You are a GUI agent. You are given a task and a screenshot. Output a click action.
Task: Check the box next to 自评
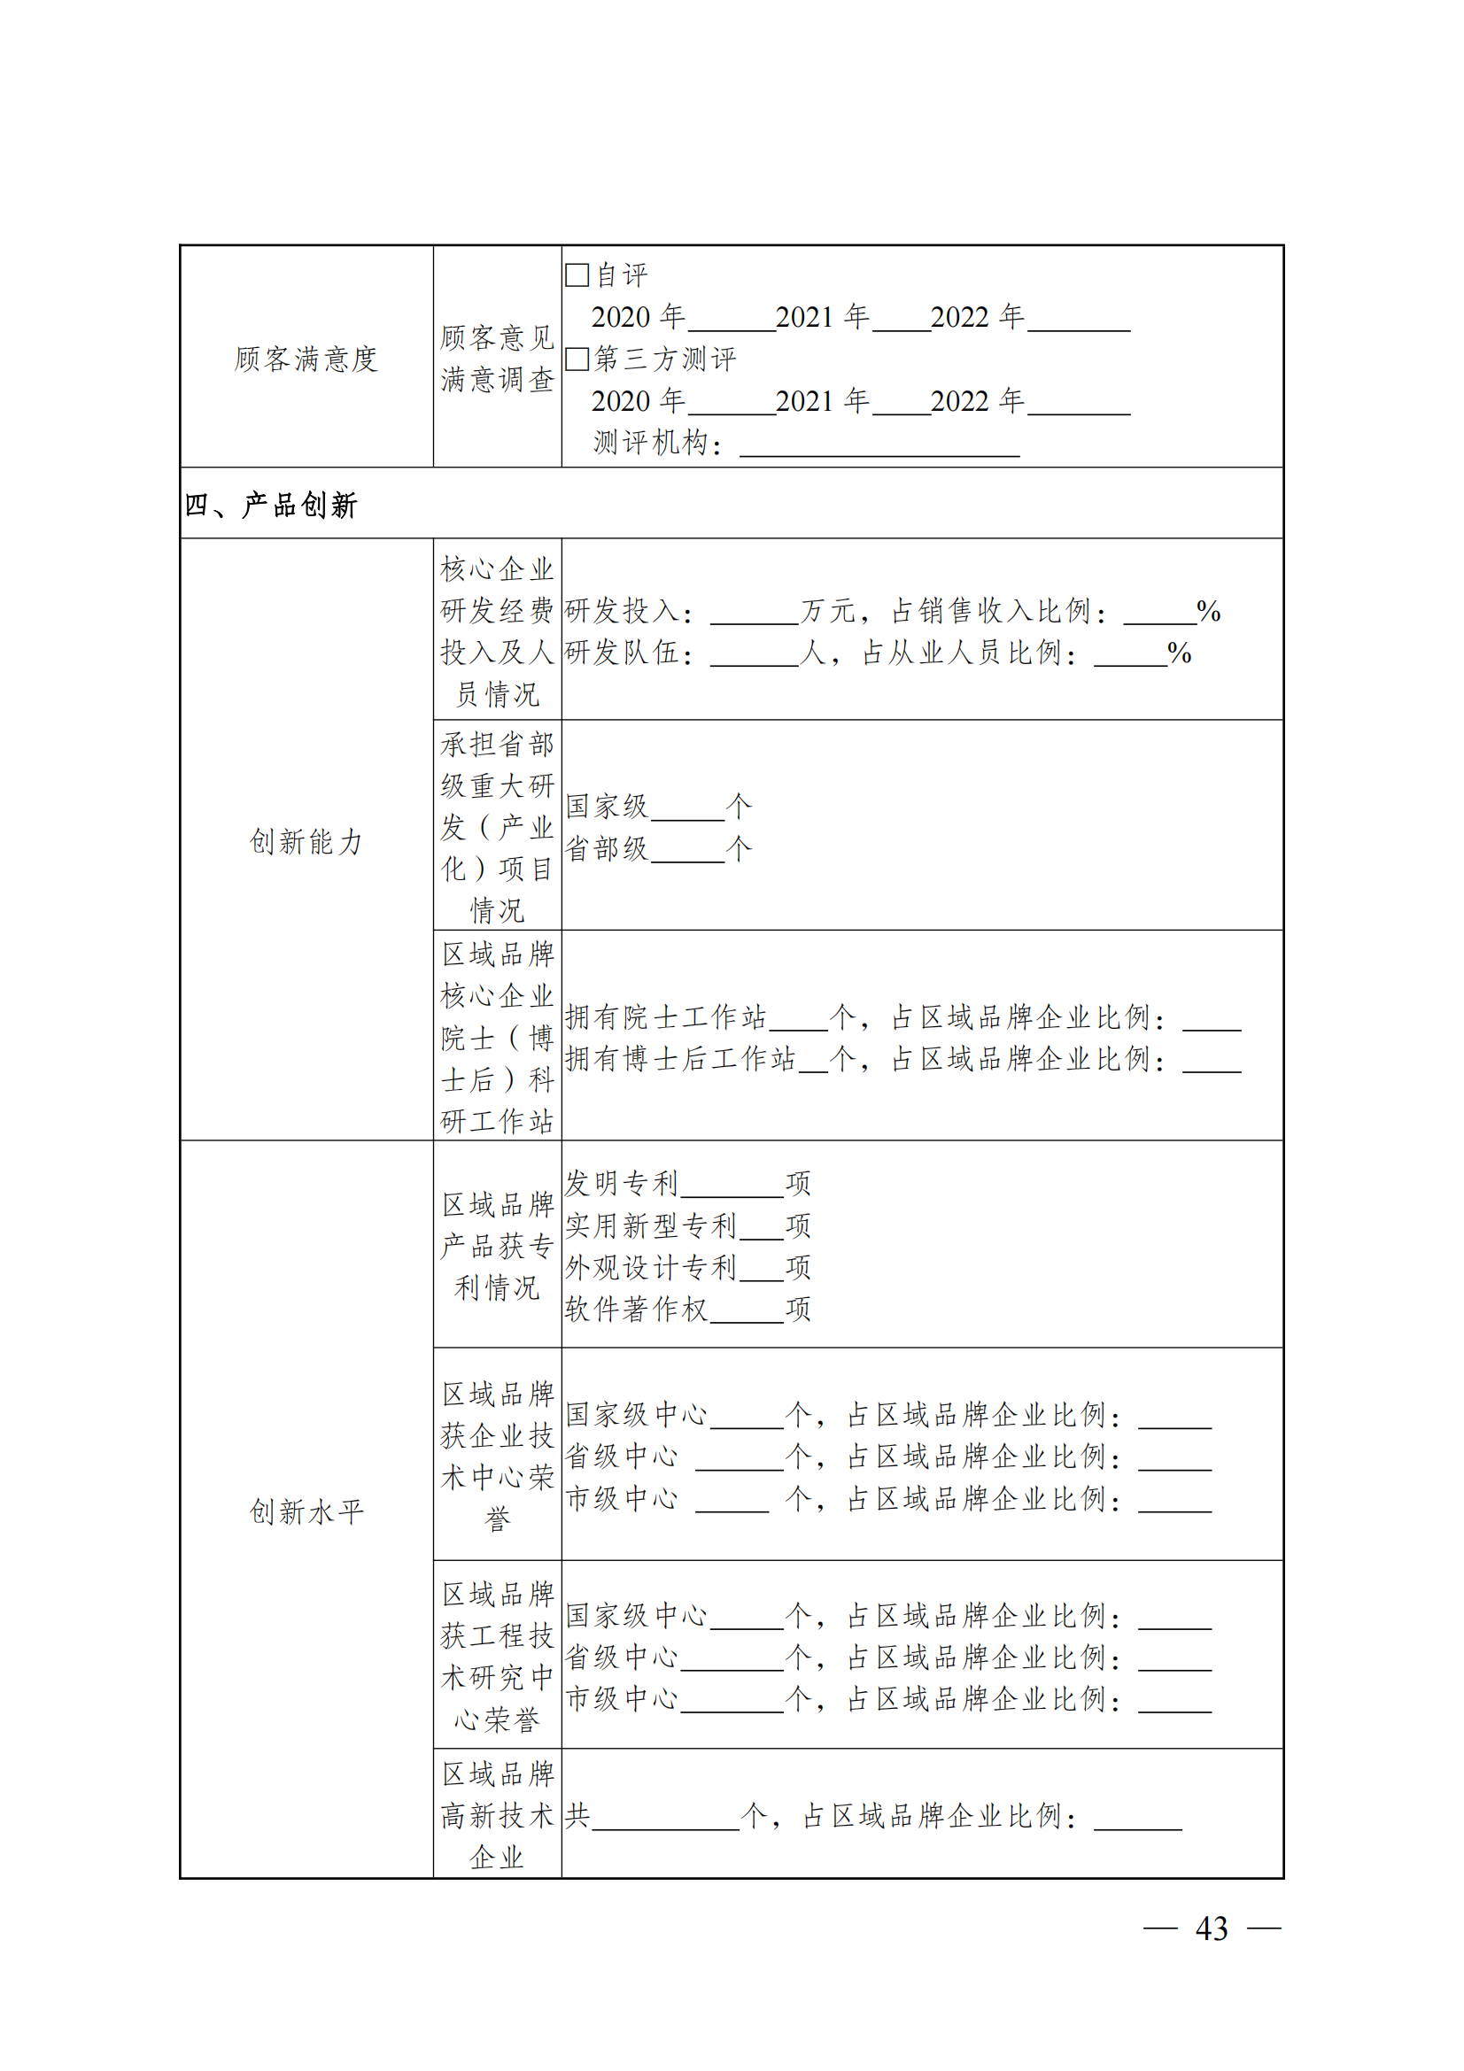(577, 275)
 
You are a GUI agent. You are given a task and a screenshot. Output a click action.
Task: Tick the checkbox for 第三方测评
(577, 359)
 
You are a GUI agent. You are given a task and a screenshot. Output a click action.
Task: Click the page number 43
(1211, 1928)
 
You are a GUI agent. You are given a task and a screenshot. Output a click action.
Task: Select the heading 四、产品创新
(271, 505)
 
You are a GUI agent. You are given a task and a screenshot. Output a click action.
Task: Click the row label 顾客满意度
(306, 359)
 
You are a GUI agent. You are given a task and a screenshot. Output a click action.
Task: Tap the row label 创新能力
(306, 841)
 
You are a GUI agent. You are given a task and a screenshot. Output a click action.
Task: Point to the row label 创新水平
(306, 1511)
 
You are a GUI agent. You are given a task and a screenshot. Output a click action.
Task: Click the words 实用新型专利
(650, 1225)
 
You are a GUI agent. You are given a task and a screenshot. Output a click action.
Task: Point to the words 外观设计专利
(650, 1267)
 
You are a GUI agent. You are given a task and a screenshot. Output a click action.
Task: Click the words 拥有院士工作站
(666, 1017)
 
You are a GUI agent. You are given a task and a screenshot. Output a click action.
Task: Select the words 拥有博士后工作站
(680, 1059)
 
